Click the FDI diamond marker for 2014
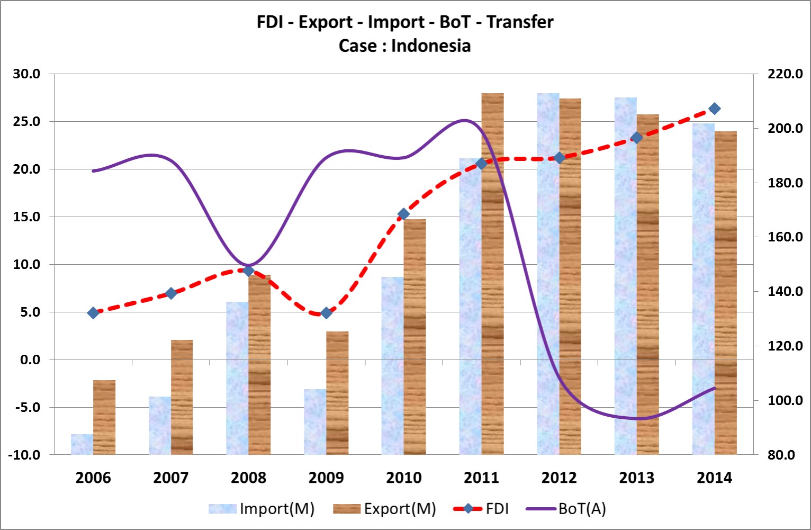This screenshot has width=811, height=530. coord(714,109)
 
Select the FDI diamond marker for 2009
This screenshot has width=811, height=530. coord(326,313)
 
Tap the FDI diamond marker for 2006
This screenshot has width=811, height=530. coord(93,313)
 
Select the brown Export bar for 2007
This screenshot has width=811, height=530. coord(182,397)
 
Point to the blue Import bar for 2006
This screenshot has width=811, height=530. coord(82,444)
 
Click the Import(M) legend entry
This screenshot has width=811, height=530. coord(262,509)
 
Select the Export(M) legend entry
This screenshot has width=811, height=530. coord(384,509)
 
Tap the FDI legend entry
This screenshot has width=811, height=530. coord(481,509)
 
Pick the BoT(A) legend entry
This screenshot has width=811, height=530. coord(566,509)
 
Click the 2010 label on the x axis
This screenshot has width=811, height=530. coord(404,478)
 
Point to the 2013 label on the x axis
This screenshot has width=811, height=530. coord(637,478)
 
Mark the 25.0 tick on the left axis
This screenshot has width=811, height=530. coord(26,122)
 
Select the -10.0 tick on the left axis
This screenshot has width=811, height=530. coord(24,455)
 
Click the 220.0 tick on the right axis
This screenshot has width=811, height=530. coord(785,74)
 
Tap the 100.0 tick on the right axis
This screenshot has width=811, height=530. coord(785,400)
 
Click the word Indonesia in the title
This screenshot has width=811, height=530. coord(431,46)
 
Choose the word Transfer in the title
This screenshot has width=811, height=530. coord(520,22)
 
